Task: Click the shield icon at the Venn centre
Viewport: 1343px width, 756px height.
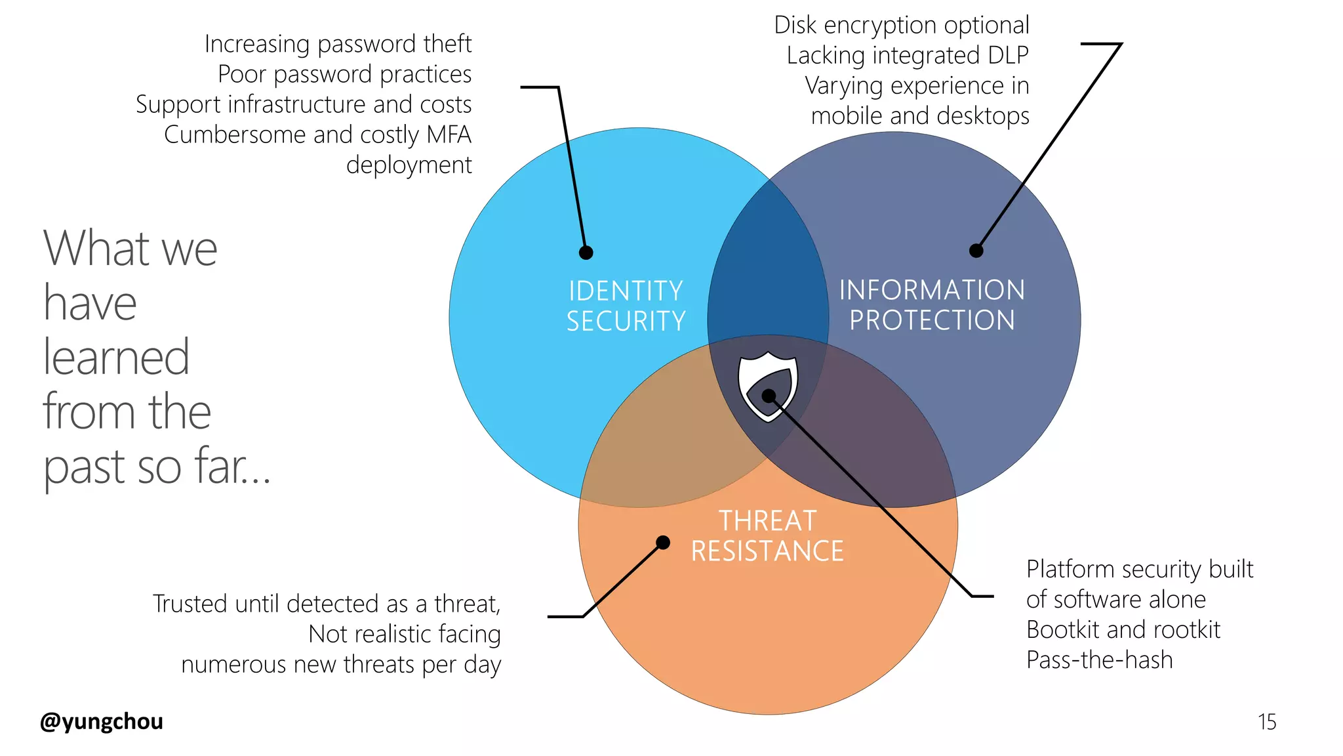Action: pos(767,388)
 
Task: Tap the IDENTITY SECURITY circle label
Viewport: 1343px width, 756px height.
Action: pos(626,306)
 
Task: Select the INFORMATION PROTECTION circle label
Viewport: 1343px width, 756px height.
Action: pos(932,305)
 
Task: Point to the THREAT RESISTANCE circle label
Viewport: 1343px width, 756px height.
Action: pos(767,535)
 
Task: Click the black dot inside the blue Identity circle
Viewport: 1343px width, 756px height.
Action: pos(586,253)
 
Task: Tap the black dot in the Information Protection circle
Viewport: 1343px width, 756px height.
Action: pos(976,251)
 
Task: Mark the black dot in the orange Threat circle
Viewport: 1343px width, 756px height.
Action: pos(663,542)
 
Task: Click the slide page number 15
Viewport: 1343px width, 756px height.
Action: pos(1266,722)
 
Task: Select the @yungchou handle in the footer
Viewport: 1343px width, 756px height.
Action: pos(102,721)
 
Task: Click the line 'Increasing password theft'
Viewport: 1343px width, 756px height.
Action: pos(338,44)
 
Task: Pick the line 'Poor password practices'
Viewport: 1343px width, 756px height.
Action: pos(344,74)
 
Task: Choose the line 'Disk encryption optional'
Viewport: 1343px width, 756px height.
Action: pos(901,26)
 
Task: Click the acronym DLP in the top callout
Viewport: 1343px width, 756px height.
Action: pos(1007,56)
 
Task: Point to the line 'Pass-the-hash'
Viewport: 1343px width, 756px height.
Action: pos(1099,660)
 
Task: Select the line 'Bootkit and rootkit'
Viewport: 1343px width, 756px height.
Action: pos(1123,629)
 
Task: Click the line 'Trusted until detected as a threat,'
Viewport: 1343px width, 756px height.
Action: pos(326,604)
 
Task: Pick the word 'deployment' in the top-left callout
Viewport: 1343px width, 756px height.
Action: pos(409,165)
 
